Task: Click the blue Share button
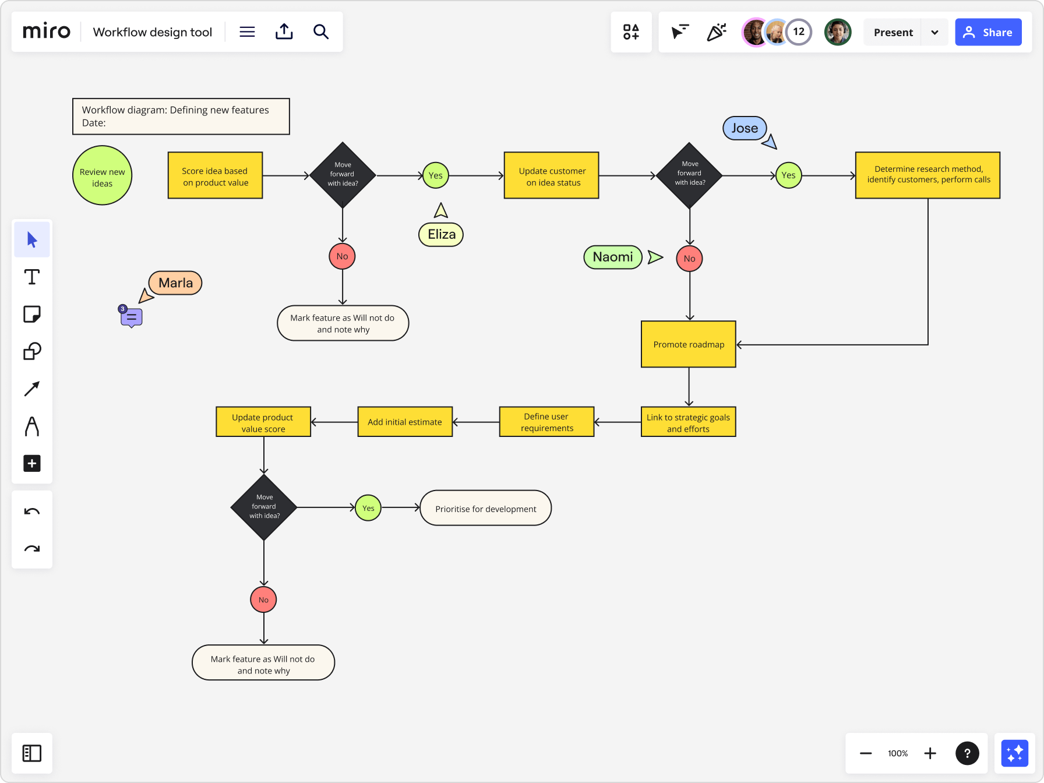click(x=988, y=32)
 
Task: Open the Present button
click(x=893, y=32)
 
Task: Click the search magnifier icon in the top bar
click(x=321, y=31)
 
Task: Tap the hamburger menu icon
click(x=247, y=31)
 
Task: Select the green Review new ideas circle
click(x=102, y=175)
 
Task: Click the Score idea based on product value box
click(x=215, y=175)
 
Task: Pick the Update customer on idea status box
click(x=551, y=175)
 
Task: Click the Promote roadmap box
click(x=688, y=344)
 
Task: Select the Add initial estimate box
click(x=405, y=422)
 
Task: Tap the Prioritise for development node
click(x=485, y=508)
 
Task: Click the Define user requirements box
click(x=546, y=422)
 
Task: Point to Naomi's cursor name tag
click(x=612, y=257)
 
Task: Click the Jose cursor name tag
click(x=745, y=128)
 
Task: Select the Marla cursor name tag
click(x=175, y=283)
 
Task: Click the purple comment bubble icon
click(x=132, y=318)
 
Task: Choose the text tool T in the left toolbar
click(x=32, y=277)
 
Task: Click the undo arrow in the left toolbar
click(x=32, y=512)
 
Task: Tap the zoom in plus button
click(x=930, y=753)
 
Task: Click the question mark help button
click(x=967, y=753)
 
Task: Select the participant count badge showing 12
click(x=799, y=32)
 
